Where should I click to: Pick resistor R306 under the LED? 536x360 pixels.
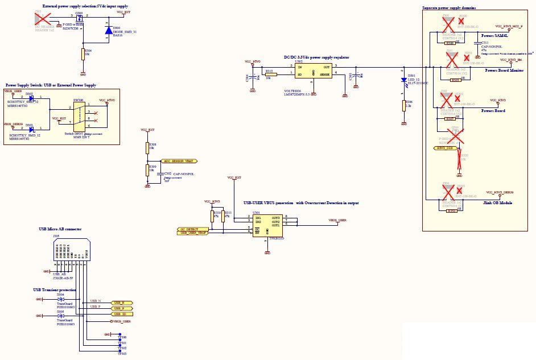point(403,105)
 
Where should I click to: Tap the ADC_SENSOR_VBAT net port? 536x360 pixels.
point(179,162)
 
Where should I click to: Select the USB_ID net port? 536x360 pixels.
point(122,314)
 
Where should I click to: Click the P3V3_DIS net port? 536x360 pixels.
point(444,148)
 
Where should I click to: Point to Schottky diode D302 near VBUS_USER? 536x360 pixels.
point(31,98)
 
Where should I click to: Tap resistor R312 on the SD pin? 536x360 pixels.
point(271,75)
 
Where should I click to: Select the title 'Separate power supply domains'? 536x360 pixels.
point(450,9)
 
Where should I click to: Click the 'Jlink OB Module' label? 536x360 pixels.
point(497,203)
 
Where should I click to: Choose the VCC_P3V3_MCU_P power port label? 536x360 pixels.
point(509,26)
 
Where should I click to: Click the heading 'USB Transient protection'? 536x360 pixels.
point(55,289)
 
